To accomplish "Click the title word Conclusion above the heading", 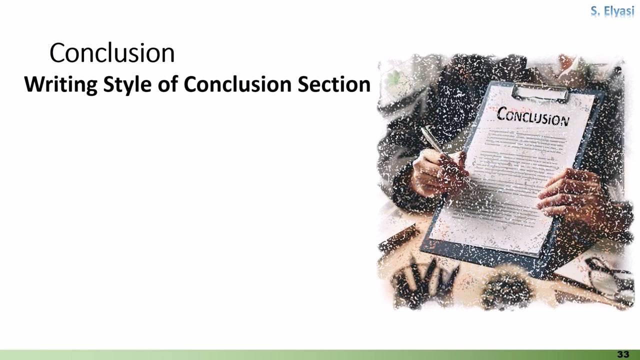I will coord(112,53).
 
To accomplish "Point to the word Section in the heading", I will coord(334,84).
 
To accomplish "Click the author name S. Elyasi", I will coord(612,11).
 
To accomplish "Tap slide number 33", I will coord(623,354).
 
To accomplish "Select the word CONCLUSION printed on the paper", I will coord(533,116).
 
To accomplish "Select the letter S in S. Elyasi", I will coord(594,11).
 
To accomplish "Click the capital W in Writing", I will coord(33,84).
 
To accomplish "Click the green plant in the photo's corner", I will coord(395,77).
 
